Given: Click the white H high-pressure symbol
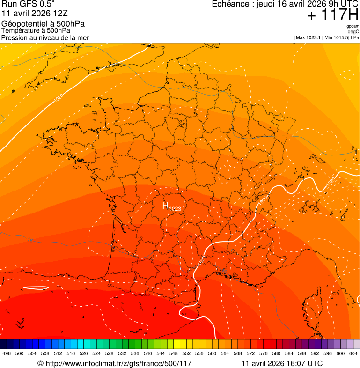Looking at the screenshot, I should (165, 206).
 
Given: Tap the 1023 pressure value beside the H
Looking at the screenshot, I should (175, 208).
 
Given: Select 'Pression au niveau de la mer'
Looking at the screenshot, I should (45, 37).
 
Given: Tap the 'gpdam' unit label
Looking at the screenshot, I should (353, 26).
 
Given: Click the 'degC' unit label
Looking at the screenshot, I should (353, 31).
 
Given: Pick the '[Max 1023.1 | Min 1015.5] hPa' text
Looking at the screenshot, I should (326, 37).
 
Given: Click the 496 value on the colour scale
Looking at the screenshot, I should (7, 354).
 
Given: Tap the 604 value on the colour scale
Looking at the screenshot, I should (353, 354).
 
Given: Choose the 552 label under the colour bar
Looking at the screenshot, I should (199, 354).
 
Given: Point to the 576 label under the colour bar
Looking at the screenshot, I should (264, 354).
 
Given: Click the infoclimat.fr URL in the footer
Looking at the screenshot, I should (115, 363).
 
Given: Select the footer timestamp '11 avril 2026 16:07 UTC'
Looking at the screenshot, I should (282, 363).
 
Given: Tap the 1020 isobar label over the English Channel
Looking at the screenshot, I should (59, 98).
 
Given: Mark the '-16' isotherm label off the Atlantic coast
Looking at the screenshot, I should (30, 240).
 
